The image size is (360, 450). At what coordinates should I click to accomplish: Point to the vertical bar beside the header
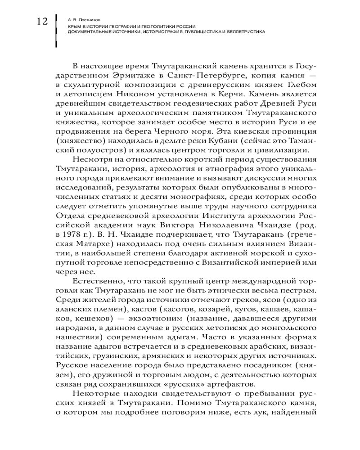(x=56, y=31)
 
